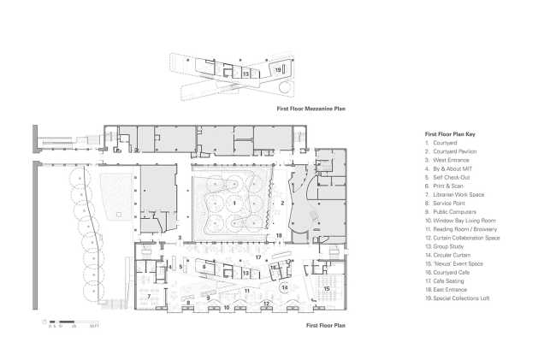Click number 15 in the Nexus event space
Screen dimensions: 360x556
[x=328, y=289]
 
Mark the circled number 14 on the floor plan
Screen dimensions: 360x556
[x=284, y=286]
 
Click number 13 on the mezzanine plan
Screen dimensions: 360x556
[x=245, y=74]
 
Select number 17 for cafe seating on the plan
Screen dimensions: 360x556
[x=257, y=257]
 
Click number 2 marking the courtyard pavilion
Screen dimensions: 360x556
[x=280, y=204]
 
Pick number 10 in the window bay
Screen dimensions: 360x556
[x=227, y=306]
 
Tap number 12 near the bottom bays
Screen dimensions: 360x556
[x=267, y=304]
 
